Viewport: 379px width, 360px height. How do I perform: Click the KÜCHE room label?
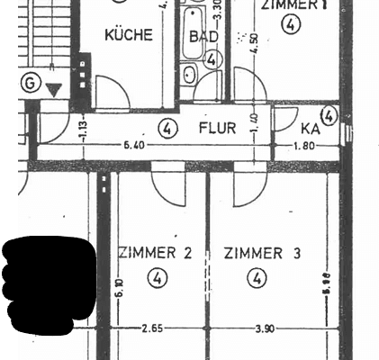click(x=129, y=36)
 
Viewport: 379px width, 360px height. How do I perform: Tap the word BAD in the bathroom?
click(x=205, y=37)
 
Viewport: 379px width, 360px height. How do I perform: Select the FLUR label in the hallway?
click(x=217, y=128)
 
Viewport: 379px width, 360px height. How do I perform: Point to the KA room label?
click(x=311, y=128)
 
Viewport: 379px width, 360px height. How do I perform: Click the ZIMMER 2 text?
click(x=155, y=254)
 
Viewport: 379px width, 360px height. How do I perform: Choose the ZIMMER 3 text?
click(x=262, y=254)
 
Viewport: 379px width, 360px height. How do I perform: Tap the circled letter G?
click(x=32, y=83)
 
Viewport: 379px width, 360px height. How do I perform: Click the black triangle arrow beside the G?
click(x=55, y=89)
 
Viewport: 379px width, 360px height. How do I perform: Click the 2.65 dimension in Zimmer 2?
click(x=153, y=328)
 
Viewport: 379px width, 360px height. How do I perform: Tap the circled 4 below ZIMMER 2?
click(x=158, y=279)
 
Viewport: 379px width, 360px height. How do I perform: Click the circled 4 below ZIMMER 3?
click(x=258, y=279)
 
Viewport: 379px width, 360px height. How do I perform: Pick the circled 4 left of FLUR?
click(x=167, y=129)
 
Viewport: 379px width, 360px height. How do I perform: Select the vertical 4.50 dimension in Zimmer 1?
click(x=256, y=43)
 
